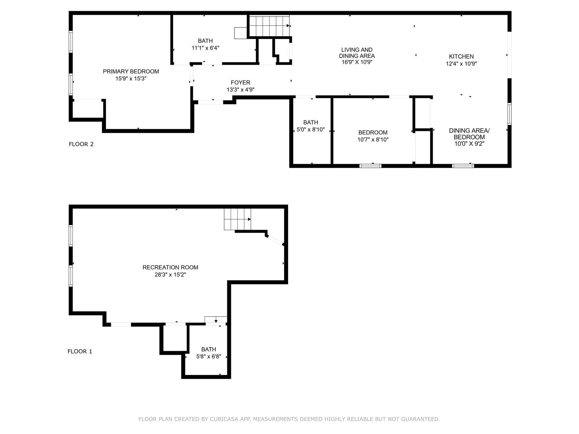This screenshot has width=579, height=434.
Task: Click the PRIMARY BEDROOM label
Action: [131, 72]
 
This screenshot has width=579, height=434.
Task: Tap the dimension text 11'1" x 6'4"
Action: [205, 48]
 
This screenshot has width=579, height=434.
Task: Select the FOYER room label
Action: [240, 82]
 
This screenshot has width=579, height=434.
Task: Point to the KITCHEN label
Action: [461, 56]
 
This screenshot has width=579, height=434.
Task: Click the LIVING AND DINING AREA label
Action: [357, 53]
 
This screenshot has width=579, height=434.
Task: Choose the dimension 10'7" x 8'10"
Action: [373, 140]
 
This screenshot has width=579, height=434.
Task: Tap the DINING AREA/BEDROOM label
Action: [469, 134]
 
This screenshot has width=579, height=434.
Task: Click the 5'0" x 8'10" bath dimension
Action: [310, 129]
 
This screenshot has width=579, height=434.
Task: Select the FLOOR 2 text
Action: [81, 144]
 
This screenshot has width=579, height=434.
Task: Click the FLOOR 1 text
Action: [80, 352]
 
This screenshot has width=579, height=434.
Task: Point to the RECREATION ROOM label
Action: [170, 268]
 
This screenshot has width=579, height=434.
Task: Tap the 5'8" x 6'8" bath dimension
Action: [208, 357]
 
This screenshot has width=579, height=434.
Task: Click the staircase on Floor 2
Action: [269, 26]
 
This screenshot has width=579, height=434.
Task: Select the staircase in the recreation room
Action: [237, 219]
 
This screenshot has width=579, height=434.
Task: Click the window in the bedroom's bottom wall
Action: [370, 166]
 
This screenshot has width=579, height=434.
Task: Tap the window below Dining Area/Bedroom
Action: [463, 166]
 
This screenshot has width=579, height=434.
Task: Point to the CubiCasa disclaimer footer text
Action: [289, 419]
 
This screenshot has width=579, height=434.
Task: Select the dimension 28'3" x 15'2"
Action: [170, 275]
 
